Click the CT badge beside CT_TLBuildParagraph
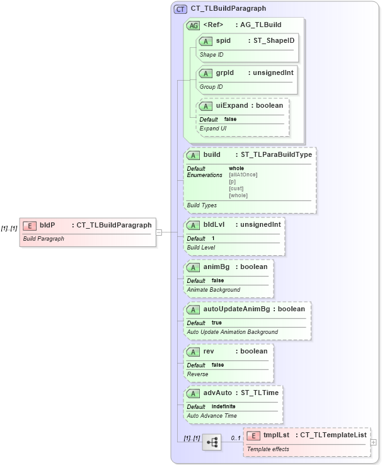[x=181, y=9]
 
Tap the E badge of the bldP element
[x=29, y=225]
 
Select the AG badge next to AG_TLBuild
[x=193, y=25]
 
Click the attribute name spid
[x=223, y=41]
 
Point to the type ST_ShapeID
[x=274, y=41]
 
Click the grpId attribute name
[x=225, y=73]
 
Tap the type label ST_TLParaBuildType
[x=273, y=154]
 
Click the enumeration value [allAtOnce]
[x=243, y=175]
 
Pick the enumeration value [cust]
[x=236, y=188]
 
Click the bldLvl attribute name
[x=214, y=224]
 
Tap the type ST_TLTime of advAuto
[x=260, y=393]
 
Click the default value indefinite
[x=224, y=406]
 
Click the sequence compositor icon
[x=212, y=443]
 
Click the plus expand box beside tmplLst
[x=374, y=442]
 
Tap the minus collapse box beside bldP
[x=159, y=232]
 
